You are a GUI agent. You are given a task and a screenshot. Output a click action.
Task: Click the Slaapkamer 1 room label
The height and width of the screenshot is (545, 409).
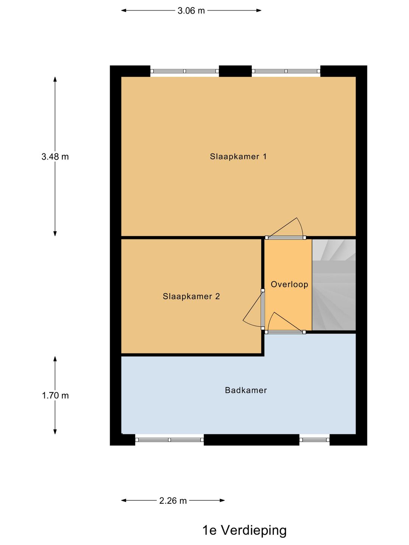(238, 156)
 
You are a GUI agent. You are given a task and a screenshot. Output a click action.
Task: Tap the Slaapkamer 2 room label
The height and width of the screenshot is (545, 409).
(191, 296)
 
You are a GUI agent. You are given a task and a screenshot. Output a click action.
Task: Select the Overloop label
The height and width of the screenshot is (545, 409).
(289, 284)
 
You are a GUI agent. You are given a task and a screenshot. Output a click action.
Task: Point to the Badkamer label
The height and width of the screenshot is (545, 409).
(246, 390)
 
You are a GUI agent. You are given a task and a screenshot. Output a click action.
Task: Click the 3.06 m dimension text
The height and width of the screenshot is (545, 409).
(191, 11)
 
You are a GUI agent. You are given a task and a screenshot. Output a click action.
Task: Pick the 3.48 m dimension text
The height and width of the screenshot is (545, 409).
(55, 157)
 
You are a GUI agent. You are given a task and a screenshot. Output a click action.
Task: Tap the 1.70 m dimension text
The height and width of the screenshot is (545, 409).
(55, 396)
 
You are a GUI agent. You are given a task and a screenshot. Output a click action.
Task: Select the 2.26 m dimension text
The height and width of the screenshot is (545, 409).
(173, 501)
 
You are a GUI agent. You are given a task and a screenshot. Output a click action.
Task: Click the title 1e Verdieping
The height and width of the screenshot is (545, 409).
(244, 530)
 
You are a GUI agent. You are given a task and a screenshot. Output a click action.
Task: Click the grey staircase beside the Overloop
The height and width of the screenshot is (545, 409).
(334, 285)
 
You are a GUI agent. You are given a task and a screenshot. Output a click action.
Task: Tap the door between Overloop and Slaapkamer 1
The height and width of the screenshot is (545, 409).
(286, 237)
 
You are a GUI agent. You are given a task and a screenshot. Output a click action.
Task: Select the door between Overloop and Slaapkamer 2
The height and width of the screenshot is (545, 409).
(262, 309)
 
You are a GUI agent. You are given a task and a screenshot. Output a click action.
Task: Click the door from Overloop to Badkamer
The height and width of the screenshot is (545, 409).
(286, 332)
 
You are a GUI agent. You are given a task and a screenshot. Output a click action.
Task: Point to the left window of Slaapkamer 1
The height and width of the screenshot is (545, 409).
(184, 71)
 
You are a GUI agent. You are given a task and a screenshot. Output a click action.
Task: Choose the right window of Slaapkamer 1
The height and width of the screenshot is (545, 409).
(286, 71)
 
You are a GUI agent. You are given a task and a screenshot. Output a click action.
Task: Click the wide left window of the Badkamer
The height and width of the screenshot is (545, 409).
(169, 440)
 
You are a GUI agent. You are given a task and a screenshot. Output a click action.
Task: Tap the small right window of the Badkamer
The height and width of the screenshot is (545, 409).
(314, 440)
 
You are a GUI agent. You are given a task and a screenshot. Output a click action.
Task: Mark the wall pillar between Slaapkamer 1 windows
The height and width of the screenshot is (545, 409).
(235, 71)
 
